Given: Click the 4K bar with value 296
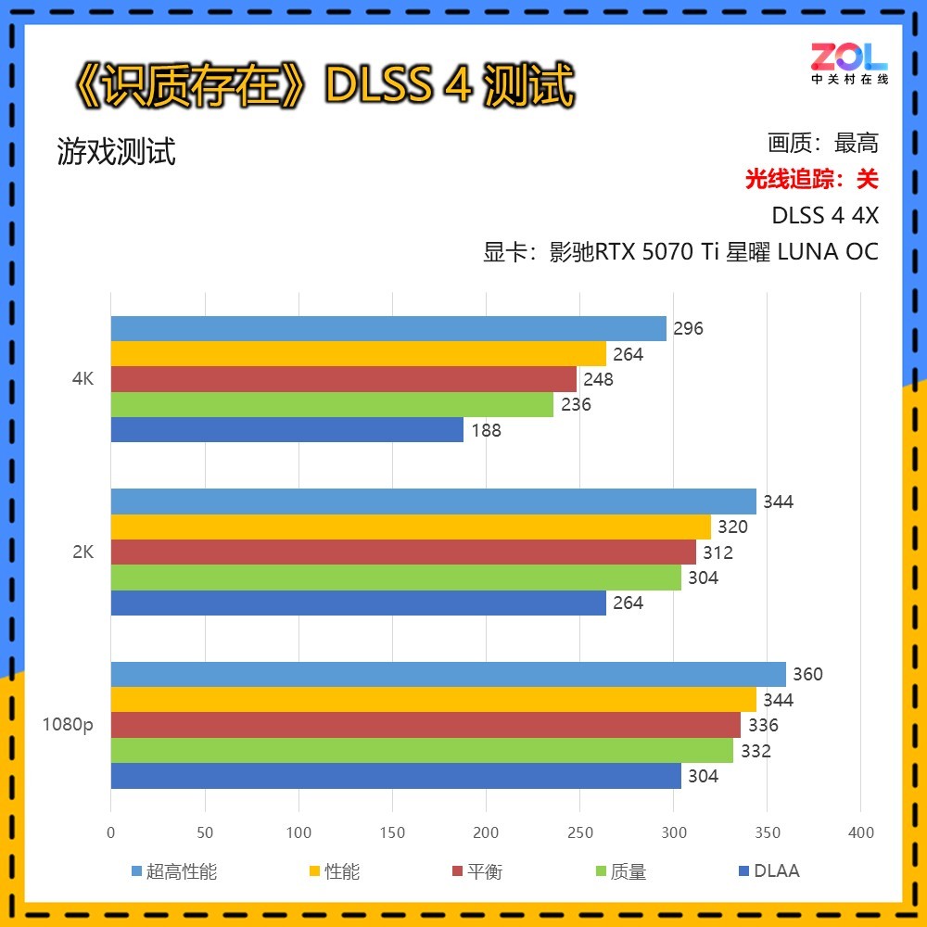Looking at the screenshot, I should pyautogui.click(x=388, y=328).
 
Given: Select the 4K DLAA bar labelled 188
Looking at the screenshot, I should pyautogui.click(x=286, y=429).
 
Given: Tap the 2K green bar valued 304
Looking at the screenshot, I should pyautogui.click(x=396, y=578).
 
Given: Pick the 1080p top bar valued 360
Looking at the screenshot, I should pyautogui.click(x=448, y=674).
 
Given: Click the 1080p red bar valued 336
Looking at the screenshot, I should pyautogui.click(x=425, y=725).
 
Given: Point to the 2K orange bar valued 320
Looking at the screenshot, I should pyautogui.click(x=411, y=527).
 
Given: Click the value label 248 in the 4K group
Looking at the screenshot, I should pyautogui.click(x=598, y=379).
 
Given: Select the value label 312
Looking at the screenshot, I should pyautogui.click(x=717, y=552).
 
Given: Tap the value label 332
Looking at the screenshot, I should pyautogui.click(x=756, y=751).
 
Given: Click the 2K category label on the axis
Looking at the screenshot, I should pyautogui.click(x=83, y=552).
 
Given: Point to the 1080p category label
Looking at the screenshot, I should pyautogui.click(x=68, y=725).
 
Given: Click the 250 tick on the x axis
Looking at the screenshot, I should pyautogui.click(x=580, y=832).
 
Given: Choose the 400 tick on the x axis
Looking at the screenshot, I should pyautogui.click(x=861, y=832).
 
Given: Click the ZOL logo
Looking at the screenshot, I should pyautogui.click(x=849, y=62).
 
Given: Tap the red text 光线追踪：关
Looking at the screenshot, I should pyautogui.click(x=811, y=179).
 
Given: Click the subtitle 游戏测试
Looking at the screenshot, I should pyautogui.click(x=116, y=151).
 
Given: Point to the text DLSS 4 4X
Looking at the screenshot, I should pyautogui.click(x=825, y=215).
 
